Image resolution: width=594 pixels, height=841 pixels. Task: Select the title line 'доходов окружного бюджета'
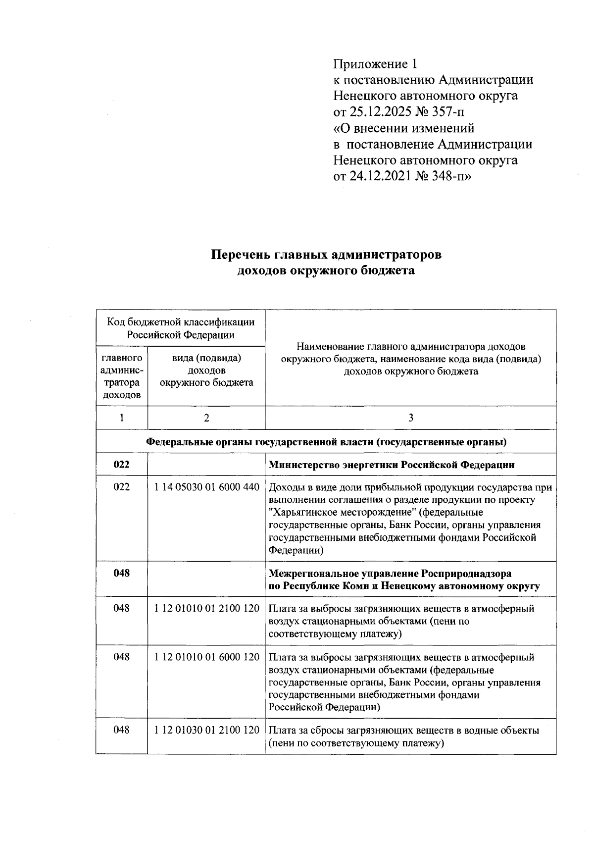pos(326,271)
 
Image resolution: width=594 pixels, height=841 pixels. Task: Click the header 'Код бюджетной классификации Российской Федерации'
pos(181,328)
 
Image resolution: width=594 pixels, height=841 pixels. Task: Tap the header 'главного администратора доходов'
pos(121,376)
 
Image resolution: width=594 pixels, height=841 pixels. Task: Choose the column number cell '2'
pos(206,418)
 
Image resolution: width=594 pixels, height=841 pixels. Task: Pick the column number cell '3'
pos(410,418)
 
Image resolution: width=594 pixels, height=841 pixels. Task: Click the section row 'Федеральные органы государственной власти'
pos(326,442)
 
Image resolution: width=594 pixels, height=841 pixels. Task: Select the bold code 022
pos(121,465)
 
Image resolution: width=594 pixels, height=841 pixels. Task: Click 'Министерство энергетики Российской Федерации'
pos(391,466)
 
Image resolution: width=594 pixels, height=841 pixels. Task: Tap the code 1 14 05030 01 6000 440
pos(206,487)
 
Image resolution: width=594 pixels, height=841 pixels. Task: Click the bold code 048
pos(121,574)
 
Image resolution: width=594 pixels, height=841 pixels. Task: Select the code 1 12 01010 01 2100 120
pos(206,609)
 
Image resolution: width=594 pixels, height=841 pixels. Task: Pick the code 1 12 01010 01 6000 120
pos(206,657)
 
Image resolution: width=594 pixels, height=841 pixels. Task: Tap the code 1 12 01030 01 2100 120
pos(206,731)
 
